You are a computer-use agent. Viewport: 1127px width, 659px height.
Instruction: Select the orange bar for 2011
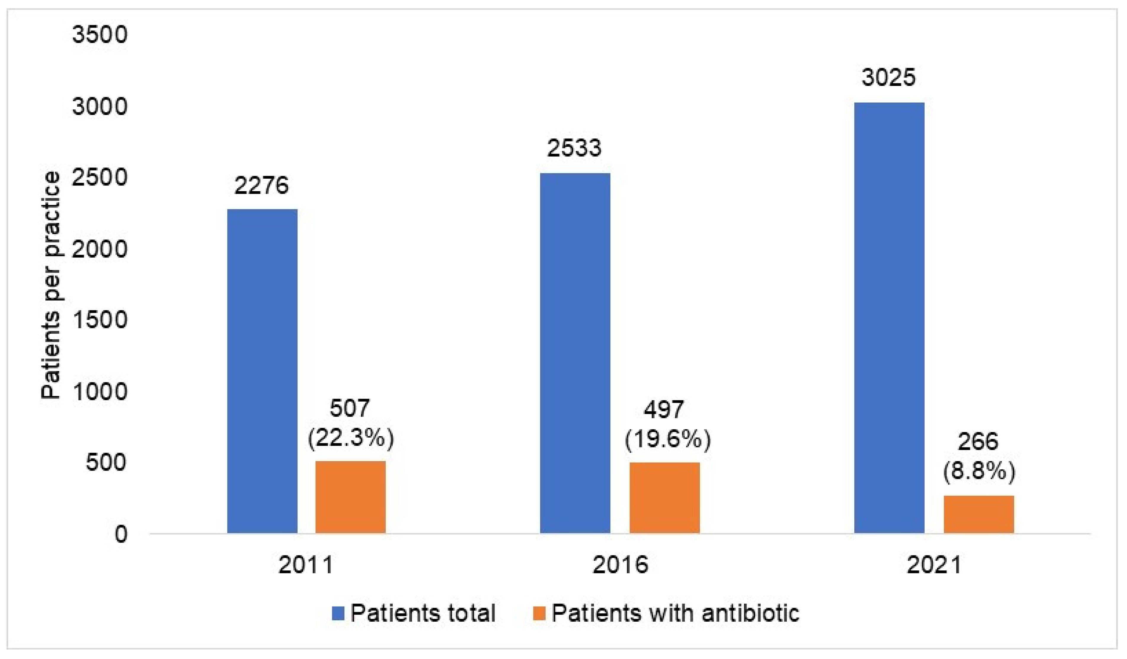(x=351, y=497)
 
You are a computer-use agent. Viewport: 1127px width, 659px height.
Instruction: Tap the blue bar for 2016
(x=575, y=353)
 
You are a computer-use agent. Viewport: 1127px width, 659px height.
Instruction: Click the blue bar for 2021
(x=889, y=317)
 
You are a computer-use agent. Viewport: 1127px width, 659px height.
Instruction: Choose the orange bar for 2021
(x=979, y=514)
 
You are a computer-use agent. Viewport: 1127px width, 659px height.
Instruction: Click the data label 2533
(x=574, y=148)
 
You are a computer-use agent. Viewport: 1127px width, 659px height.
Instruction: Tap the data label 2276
(x=262, y=185)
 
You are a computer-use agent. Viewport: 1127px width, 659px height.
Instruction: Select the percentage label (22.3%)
(x=351, y=437)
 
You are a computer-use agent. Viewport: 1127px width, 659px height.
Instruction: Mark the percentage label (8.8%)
(x=979, y=471)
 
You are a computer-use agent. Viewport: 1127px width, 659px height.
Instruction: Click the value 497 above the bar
(x=664, y=409)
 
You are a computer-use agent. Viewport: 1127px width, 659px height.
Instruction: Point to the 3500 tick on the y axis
(x=100, y=34)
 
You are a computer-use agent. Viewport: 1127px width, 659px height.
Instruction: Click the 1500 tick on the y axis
(x=100, y=320)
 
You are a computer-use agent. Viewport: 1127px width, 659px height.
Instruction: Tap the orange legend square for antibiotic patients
(x=539, y=613)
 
